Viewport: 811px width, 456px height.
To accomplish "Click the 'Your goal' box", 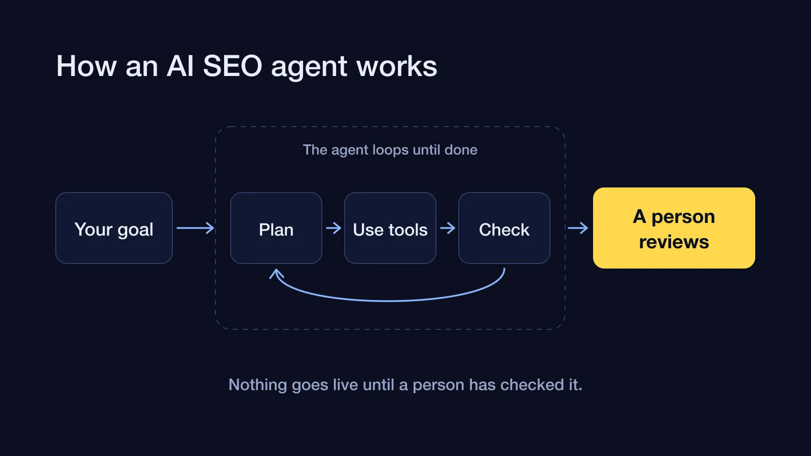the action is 114,228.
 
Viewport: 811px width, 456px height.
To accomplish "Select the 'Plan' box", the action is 276,228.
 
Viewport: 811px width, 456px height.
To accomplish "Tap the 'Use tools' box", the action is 390,228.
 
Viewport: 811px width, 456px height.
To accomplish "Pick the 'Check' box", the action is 504,228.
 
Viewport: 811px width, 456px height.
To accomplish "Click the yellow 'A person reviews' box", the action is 674,228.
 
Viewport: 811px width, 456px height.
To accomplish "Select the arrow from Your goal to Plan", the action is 196,228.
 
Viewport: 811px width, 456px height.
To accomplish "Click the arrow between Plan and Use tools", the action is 334,228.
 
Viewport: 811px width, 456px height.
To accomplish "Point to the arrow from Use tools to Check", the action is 448,228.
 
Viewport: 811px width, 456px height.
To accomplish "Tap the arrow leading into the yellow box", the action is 578,228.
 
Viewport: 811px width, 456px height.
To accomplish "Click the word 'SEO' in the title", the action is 233,66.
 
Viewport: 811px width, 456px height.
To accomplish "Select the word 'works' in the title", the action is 397,66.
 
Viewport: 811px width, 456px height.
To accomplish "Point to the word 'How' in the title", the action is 87,66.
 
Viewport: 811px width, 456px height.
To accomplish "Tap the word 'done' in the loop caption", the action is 461,150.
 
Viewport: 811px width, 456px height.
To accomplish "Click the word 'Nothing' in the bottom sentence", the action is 258,385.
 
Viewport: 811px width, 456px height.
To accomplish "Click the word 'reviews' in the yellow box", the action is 674,242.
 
